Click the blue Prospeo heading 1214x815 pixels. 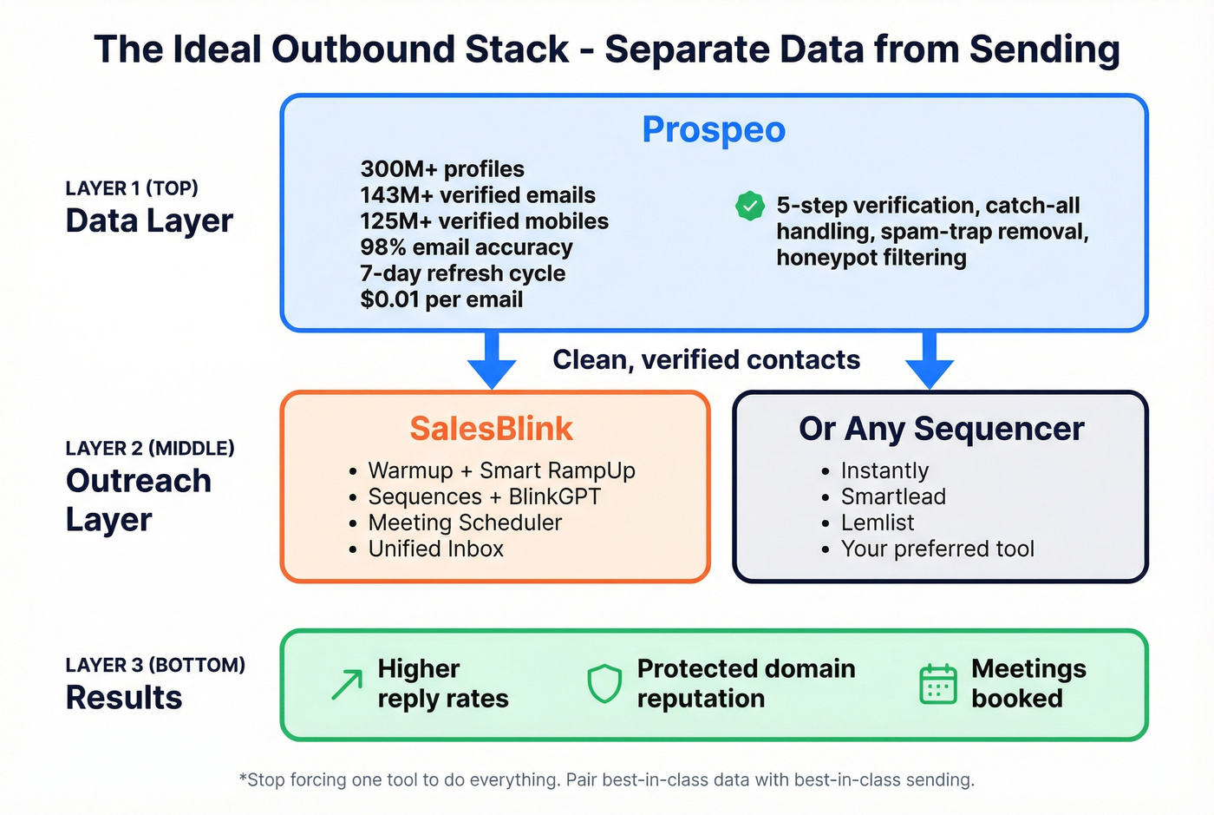coord(713,130)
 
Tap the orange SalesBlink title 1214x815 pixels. coord(491,429)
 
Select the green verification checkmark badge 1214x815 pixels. coord(749,207)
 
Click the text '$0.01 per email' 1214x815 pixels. coord(441,299)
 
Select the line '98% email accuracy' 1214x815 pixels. coord(467,247)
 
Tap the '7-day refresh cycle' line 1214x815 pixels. coord(462,273)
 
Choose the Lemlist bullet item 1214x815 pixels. coord(877,523)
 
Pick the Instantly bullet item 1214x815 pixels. coord(884,470)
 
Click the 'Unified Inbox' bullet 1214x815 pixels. coord(435,549)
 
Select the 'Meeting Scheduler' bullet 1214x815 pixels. coord(465,523)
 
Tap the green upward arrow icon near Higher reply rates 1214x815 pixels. coord(347,684)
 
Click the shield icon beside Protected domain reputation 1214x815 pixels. coord(604,684)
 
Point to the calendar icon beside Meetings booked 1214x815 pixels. coord(937,684)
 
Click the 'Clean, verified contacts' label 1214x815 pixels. coord(706,360)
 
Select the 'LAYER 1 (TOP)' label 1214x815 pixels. coord(132,188)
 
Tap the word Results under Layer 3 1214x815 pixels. coord(124,698)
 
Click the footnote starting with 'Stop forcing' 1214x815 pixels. coord(607,779)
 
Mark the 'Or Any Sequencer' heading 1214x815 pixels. coord(941,429)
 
